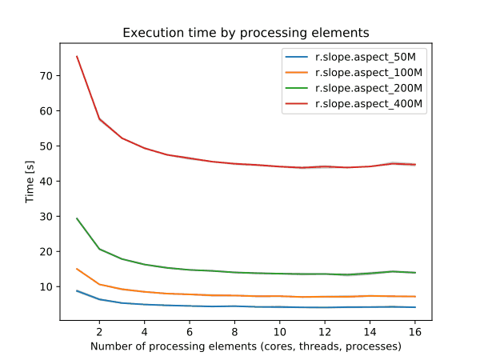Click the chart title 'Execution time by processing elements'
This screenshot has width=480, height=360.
[246, 33]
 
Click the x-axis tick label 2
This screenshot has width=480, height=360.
[99, 330]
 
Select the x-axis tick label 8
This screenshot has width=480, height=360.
[234, 330]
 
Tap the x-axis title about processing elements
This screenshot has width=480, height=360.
[246, 346]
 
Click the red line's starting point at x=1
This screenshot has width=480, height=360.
[77, 56]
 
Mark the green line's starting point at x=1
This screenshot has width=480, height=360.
[77, 218]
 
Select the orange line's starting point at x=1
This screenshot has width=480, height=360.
[77, 269]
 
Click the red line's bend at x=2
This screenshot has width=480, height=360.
[99, 118]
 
